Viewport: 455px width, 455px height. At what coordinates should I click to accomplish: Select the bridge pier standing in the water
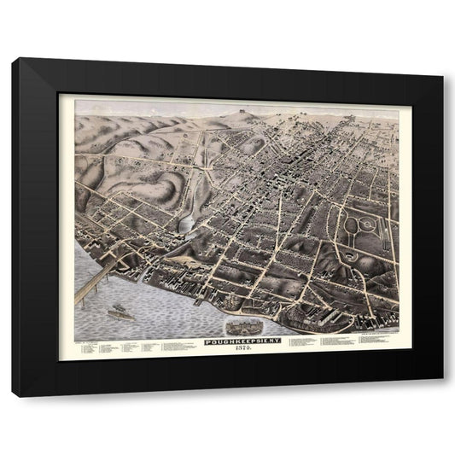(x=79, y=296)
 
